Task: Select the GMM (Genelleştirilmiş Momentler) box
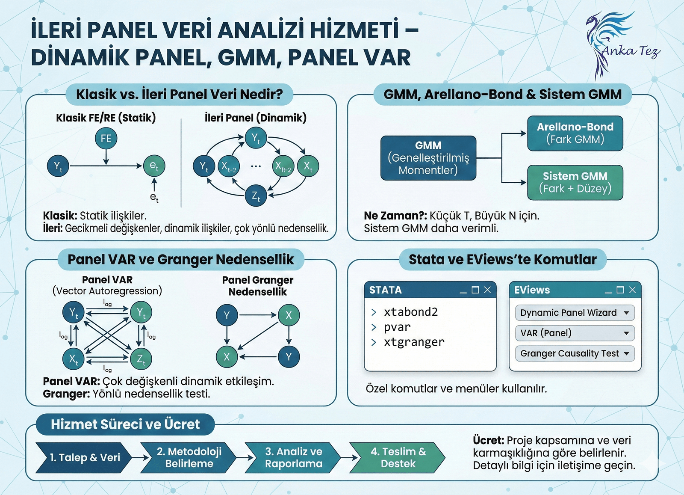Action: coord(428,158)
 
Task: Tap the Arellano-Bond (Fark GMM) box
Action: coord(575,133)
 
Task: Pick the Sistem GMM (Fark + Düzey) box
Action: coord(575,182)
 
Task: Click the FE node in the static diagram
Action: coord(106,138)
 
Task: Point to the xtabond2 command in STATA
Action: coord(410,312)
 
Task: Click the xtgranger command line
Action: coord(414,342)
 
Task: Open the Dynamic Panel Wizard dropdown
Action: coord(575,313)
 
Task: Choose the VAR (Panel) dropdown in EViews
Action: coord(575,333)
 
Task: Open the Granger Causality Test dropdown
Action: coord(575,353)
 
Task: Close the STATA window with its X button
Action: coord(487,290)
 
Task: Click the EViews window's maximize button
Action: coord(620,290)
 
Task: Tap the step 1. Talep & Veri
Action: coord(85,457)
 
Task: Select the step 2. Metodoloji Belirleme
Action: coord(189,457)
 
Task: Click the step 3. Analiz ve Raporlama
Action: coord(294,457)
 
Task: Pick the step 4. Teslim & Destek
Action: coord(398,457)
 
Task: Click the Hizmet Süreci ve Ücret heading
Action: coord(125,424)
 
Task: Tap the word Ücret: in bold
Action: coord(488,440)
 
